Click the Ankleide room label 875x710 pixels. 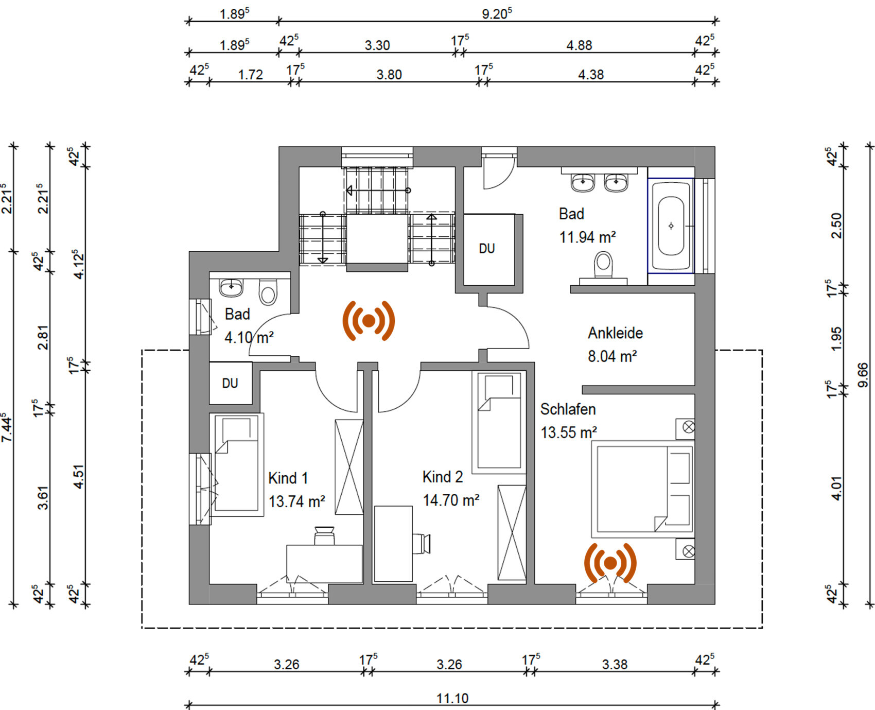pos(615,333)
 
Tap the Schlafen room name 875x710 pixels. pos(568,409)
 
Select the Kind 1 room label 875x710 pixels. pos(288,478)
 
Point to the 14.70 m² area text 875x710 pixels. pos(451,500)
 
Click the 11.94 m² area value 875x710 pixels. pos(587,237)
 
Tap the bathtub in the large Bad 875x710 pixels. pos(671,226)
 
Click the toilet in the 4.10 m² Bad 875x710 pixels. pos(268,292)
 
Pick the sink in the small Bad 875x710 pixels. pos(231,287)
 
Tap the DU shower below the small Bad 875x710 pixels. pos(231,383)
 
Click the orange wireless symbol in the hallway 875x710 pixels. pos(369,321)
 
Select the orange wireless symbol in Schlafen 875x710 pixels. pos(610,563)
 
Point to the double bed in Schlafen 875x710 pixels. pos(642,489)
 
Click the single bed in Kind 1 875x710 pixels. pos(236,465)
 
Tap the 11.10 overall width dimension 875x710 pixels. pos(452,698)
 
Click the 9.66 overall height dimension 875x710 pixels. pos(863,375)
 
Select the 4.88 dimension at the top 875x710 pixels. pos(579,45)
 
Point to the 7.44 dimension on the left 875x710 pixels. pos(7,427)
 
